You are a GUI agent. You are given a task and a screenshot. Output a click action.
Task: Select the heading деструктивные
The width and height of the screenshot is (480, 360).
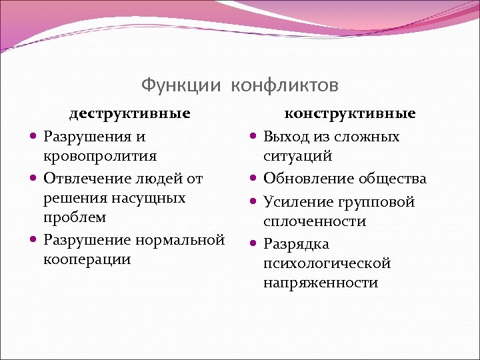[x=130, y=113]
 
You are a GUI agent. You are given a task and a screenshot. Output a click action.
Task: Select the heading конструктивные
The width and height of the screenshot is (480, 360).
[x=350, y=113]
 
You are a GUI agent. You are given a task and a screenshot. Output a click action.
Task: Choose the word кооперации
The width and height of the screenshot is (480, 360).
[x=87, y=259]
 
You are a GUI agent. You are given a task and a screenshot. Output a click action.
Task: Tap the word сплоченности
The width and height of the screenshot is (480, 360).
[x=315, y=221]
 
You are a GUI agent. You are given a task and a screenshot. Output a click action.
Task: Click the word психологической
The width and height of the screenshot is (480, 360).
[x=327, y=263]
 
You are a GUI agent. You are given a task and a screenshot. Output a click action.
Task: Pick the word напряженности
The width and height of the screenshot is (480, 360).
[x=320, y=282]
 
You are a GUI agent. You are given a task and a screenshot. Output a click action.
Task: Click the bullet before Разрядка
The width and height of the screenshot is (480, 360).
[x=253, y=244]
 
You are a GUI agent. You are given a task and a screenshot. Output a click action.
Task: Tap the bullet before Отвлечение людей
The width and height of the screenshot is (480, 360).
[x=33, y=179]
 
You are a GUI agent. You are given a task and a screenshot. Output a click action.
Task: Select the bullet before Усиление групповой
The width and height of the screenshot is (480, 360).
[x=253, y=202]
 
